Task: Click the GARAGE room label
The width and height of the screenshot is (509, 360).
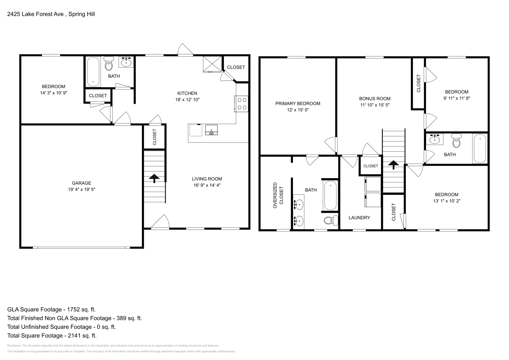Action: pyautogui.click(x=81, y=183)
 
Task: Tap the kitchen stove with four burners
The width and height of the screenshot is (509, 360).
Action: pyautogui.click(x=241, y=104)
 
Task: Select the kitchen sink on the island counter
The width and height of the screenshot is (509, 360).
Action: pyautogui.click(x=211, y=130)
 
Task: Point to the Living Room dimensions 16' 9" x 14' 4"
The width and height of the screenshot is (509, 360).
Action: pyautogui.click(x=207, y=185)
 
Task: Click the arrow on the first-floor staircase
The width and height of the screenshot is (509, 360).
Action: pyautogui.click(x=155, y=178)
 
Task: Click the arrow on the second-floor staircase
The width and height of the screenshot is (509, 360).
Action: pyautogui.click(x=394, y=165)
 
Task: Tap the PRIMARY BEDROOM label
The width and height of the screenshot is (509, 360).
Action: pyautogui.click(x=298, y=103)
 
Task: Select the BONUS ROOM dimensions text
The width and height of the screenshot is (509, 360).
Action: pyautogui.click(x=375, y=105)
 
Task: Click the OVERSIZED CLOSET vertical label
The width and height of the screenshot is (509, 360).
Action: pyautogui.click(x=278, y=196)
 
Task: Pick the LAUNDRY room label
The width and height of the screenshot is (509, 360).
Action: pyautogui.click(x=359, y=218)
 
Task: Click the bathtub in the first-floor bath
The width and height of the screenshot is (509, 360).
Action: pyautogui.click(x=93, y=72)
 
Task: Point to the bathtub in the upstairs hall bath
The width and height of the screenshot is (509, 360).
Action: pyautogui.click(x=479, y=148)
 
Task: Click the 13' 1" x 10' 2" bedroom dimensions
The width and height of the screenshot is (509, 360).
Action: pyautogui.click(x=447, y=201)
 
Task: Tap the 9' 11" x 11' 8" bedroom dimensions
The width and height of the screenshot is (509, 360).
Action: pyautogui.click(x=457, y=98)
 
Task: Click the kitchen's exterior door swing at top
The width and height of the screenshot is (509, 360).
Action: pyautogui.click(x=185, y=50)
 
